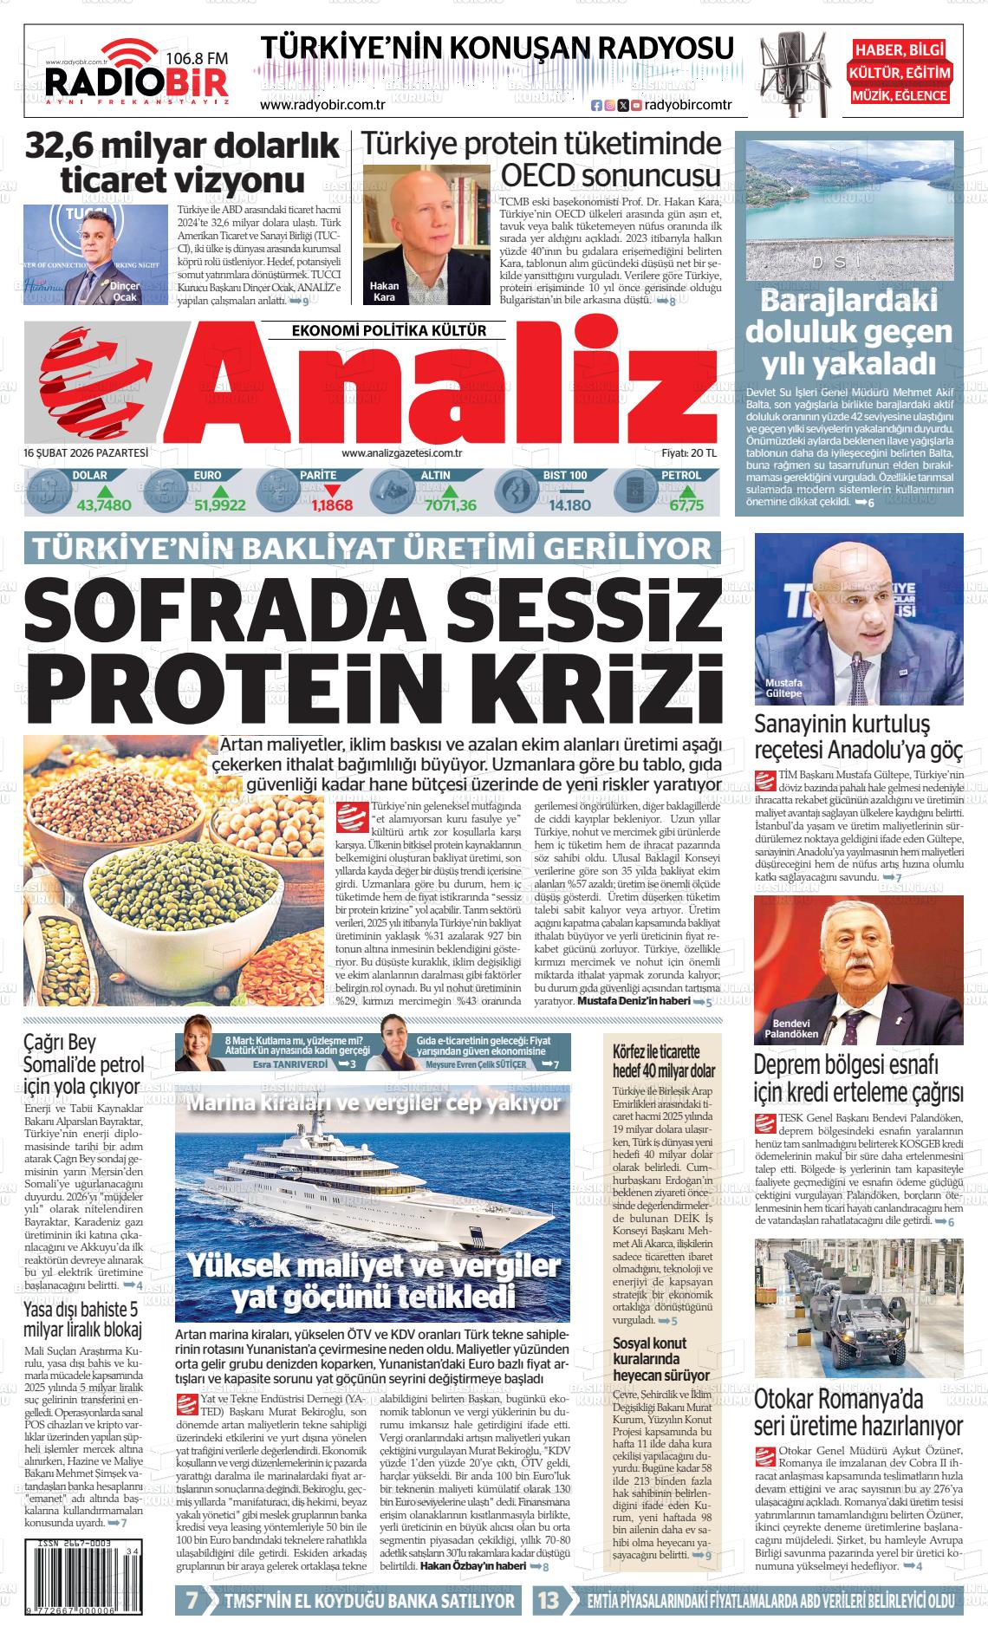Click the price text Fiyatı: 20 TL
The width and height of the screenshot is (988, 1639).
coord(689,452)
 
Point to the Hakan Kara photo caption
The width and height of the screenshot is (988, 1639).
coord(383,291)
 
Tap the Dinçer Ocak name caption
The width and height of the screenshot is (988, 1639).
coord(125,291)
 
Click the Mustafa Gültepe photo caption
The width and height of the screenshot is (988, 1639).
coord(783,688)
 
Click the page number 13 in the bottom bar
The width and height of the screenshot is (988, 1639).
coord(549,1602)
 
